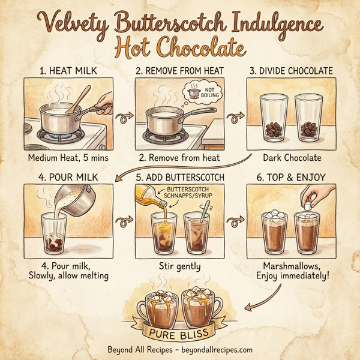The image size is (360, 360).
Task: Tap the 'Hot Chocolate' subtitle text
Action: [x=180, y=48]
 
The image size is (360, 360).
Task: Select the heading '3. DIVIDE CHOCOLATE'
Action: [x=294, y=71]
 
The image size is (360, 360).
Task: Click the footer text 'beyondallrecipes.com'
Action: [x=217, y=350]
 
